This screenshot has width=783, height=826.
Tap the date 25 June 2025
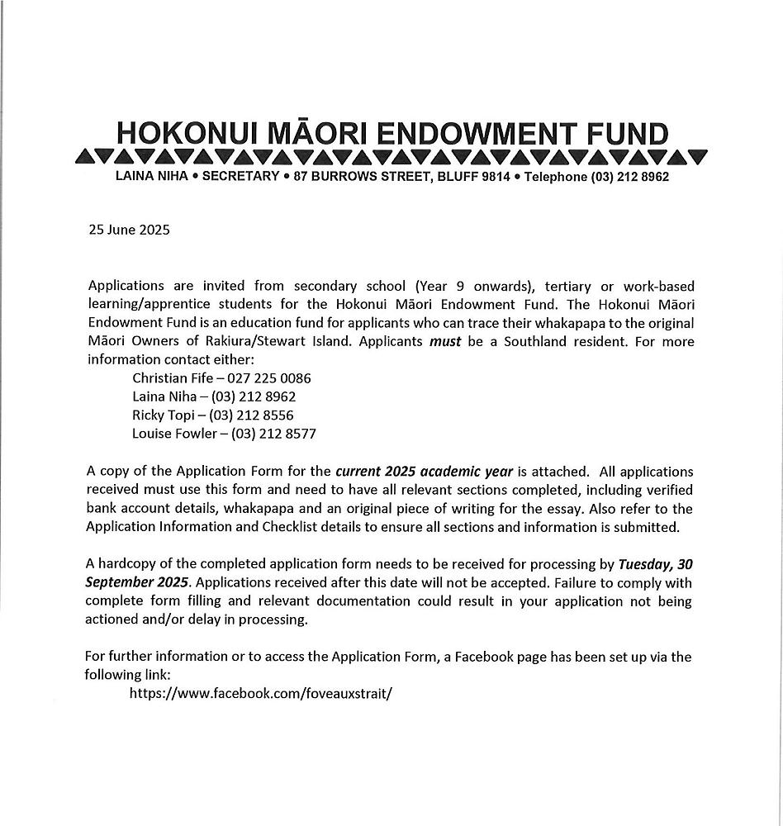coord(129,230)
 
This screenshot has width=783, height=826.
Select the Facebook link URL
coord(260,693)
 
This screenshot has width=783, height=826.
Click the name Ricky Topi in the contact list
coord(164,415)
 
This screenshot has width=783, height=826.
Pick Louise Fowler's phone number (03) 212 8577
coord(273,433)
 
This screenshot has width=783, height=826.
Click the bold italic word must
coord(445,341)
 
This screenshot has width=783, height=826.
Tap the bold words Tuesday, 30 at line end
coord(655,565)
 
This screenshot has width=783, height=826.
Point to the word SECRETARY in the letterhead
coord(240,177)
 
